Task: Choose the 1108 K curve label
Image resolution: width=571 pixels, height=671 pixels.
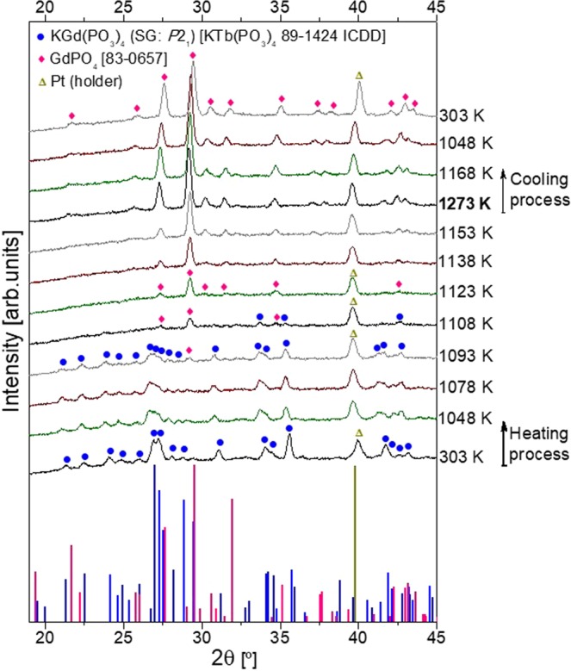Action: click(466, 324)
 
